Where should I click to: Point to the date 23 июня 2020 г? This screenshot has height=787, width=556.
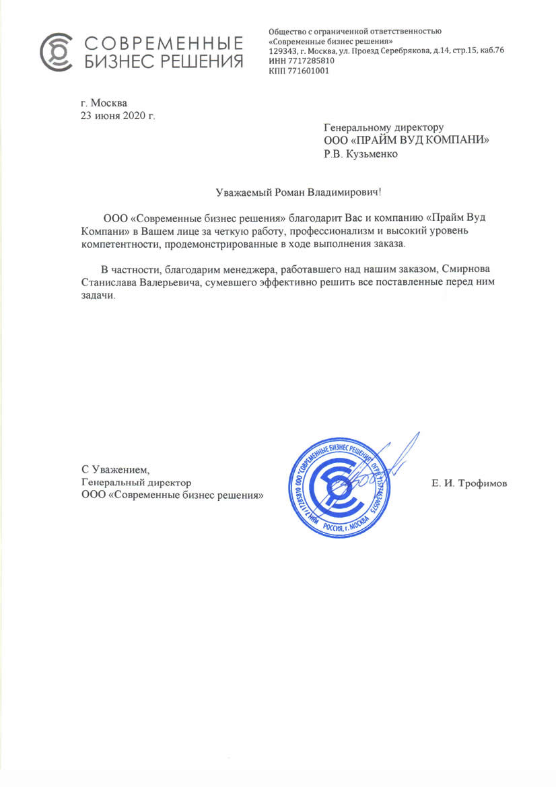tap(118, 115)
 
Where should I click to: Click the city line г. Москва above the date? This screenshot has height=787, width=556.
tap(103, 103)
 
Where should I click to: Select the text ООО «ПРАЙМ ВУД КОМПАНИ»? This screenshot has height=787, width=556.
tap(406, 140)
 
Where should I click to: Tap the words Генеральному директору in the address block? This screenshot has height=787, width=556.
tap(384, 127)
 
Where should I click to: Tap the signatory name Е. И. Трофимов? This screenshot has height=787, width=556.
tap(469, 483)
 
